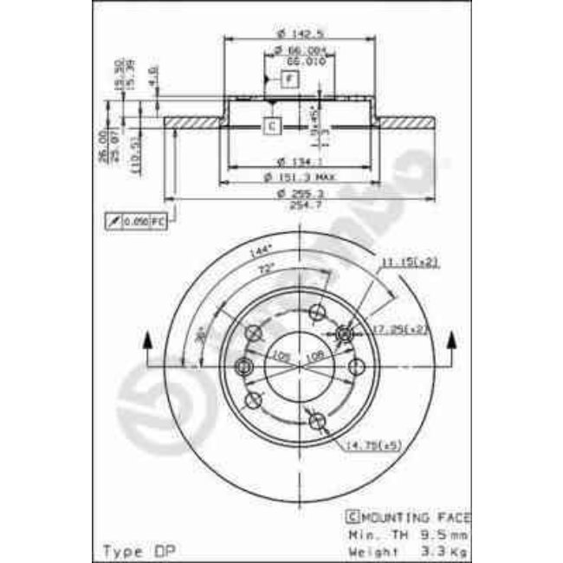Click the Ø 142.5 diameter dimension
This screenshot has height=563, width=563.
[294, 33]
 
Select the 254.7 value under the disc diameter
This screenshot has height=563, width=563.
[297, 202]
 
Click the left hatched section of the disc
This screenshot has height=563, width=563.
[193, 122]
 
